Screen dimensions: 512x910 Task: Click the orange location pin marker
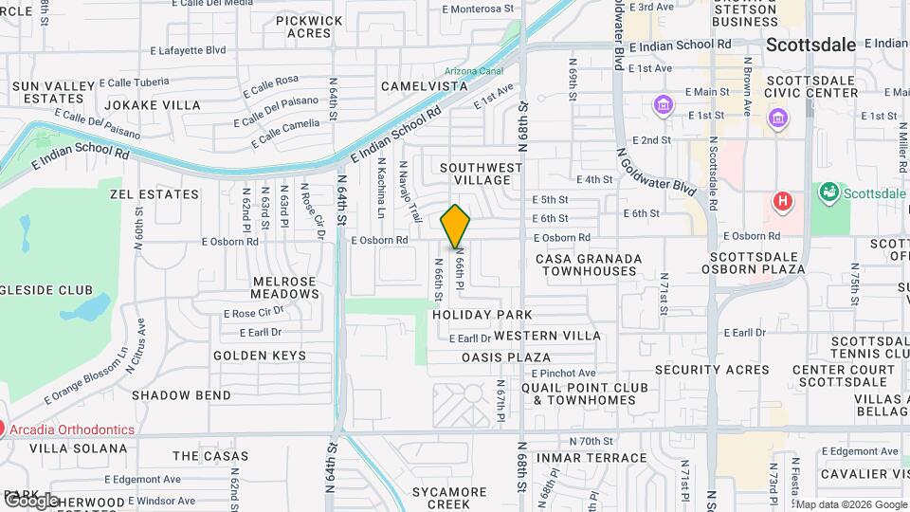[456, 226]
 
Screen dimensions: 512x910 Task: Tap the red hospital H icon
[782, 201]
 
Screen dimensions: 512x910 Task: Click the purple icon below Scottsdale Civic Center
[777, 119]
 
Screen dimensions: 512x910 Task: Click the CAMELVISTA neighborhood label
[425, 86]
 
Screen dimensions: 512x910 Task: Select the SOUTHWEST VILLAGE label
[482, 174]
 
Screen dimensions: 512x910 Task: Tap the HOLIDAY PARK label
[482, 314]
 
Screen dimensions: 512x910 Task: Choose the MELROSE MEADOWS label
[285, 287]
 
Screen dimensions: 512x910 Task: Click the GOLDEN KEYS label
[260, 356]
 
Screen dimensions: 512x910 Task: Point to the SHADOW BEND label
[181, 394]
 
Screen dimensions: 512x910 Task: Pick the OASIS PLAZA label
[506, 357]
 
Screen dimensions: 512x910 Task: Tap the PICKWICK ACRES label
[309, 27]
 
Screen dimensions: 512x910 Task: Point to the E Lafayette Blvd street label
[188, 49]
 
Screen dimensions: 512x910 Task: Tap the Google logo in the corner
[30, 500]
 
